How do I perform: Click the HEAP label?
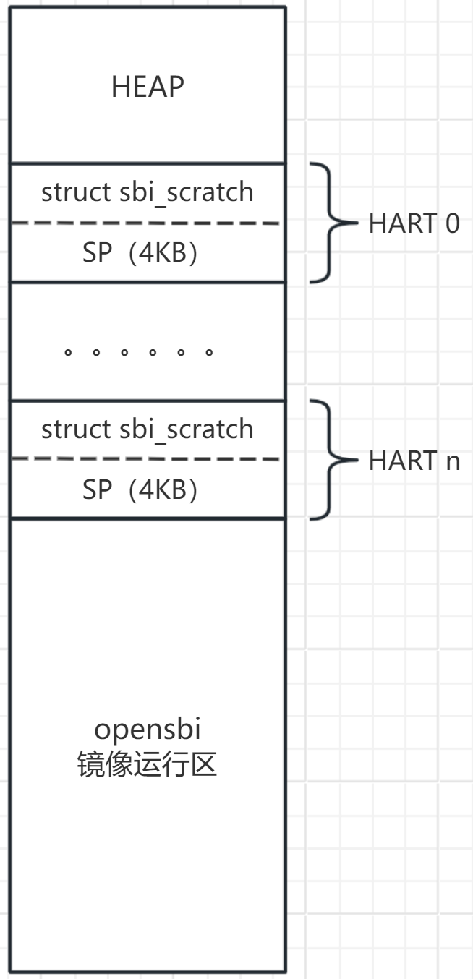tap(148, 87)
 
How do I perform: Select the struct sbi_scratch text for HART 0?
tap(148, 192)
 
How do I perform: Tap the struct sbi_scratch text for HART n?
tap(148, 429)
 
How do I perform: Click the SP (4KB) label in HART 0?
tap(140, 255)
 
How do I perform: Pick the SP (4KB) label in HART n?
tap(140, 491)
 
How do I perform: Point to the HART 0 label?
tap(414, 224)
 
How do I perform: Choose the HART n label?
tap(414, 461)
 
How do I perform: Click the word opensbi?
tap(148, 730)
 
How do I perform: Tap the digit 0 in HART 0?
tap(451, 224)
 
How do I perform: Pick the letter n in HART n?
tap(453, 462)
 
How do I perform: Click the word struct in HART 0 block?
tap(77, 192)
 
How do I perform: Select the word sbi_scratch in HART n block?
tap(186, 429)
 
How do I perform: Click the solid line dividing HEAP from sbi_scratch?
tap(148, 163)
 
